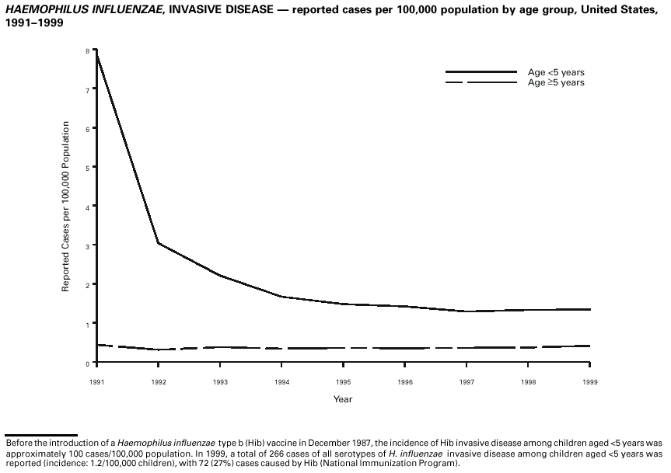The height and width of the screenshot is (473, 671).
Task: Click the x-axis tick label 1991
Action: coord(97,382)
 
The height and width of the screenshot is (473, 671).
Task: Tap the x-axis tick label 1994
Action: coord(281,382)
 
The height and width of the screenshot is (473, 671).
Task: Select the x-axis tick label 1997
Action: coord(467,382)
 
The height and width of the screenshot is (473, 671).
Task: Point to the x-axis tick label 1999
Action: coord(590,382)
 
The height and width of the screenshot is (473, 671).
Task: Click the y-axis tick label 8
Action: coord(88,50)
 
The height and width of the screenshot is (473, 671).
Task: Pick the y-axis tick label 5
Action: coord(88,167)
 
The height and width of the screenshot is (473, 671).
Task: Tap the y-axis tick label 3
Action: coord(88,245)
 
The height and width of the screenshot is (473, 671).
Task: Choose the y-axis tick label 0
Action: coord(88,363)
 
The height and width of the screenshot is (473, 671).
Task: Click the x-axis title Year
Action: coord(343,399)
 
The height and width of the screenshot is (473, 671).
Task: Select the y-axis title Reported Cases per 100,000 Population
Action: coord(66,207)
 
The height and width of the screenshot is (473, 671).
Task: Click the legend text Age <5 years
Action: coord(556,72)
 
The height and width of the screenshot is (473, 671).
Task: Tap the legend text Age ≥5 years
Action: coord(556,82)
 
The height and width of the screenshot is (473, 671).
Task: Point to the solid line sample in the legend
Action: coord(481,72)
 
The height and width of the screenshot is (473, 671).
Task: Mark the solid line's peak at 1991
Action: coord(96,51)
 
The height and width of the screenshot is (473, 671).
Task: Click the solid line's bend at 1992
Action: coord(159,243)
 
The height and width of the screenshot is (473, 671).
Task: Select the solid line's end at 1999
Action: coord(590,309)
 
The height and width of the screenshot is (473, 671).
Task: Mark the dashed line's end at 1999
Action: coord(590,346)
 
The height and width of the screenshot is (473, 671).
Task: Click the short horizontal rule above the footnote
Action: coord(40,435)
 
